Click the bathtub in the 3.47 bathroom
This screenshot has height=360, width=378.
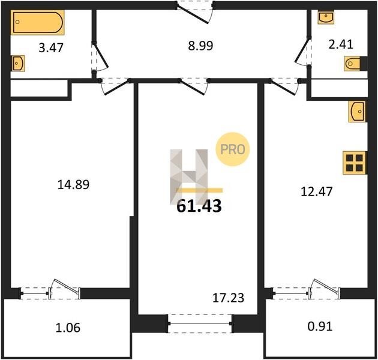[x=38, y=22]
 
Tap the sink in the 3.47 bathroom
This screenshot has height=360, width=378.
[x=19, y=64]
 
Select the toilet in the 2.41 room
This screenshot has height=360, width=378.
[x=352, y=64]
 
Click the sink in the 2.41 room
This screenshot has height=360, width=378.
[x=326, y=17]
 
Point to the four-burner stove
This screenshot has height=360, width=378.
[x=355, y=163]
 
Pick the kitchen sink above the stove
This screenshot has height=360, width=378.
[x=357, y=111]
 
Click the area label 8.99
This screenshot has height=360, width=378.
[x=200, y=46]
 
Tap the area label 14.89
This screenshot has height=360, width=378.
[x=73, y=184]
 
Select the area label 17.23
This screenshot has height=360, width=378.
[x=228, y=298]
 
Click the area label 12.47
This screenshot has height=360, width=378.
[x=317, y=191]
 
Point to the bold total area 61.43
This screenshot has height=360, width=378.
[x=199, y=206]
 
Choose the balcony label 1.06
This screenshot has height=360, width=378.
[x=68, y=328]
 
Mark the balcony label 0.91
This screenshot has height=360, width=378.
[x=320, y=326]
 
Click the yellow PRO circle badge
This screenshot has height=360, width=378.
[x=232, y=149]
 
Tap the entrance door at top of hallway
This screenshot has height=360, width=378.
[x=195, y=13]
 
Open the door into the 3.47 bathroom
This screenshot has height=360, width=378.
[x=100, y=57]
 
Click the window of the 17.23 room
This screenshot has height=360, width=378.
[x=200, y=323]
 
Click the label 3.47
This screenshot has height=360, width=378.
[x=51, y=48]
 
